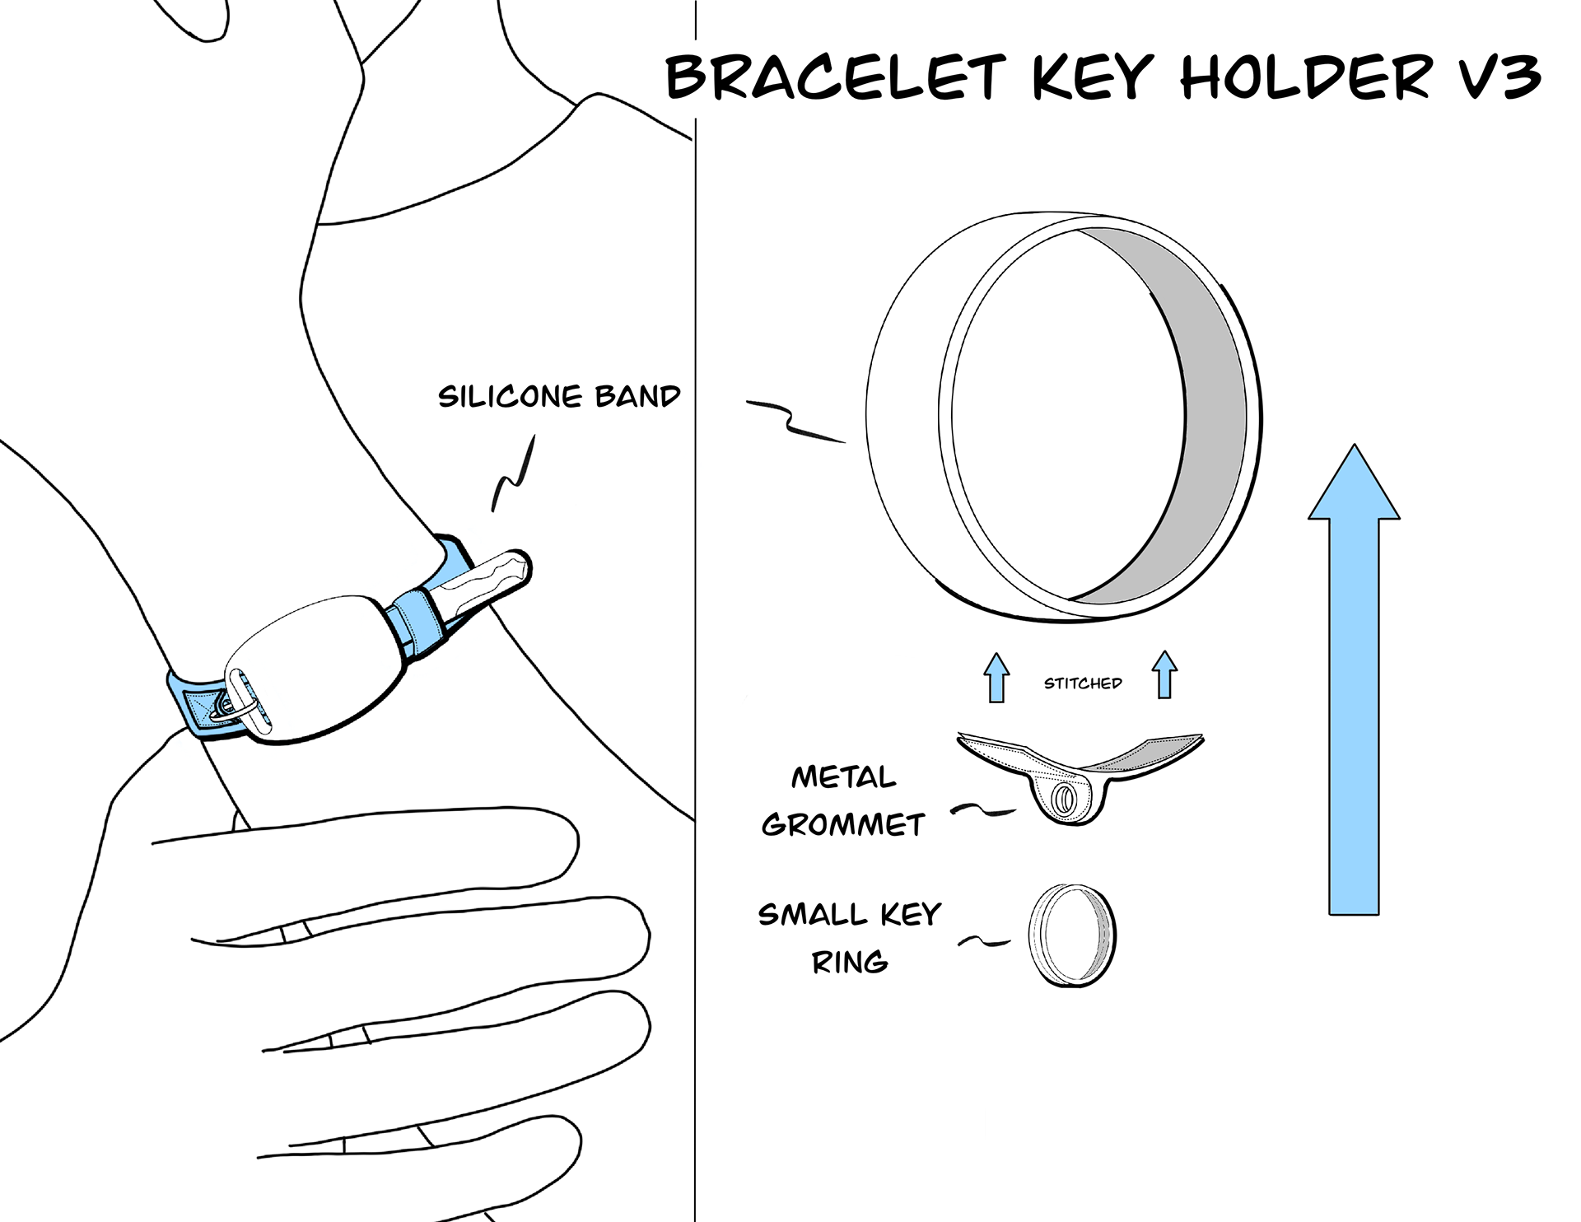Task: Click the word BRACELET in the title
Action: tap(836, 77)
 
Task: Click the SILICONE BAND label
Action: tap(559, 397)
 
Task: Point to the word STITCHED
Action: tap(1083, 683)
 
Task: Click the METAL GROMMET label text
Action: tap(843, 800)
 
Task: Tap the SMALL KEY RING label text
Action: tap(849, 938)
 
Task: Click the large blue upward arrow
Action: tap(1354, 679)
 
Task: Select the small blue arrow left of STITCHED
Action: tap(996, 677)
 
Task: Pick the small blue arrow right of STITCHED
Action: tap(1164, 674)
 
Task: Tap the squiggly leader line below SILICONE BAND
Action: tap(513, 475)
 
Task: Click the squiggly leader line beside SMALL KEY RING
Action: tap(984, 941)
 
